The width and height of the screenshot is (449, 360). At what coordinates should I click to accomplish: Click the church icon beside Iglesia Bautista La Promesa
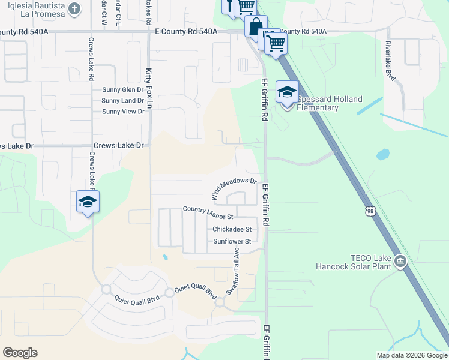74,8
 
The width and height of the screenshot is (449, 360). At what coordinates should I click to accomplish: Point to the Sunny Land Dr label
123,101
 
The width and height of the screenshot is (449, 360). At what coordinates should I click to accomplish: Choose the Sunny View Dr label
123,112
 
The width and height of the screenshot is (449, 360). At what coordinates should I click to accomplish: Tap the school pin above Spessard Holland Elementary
286,93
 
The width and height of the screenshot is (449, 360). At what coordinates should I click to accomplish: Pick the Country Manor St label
208,209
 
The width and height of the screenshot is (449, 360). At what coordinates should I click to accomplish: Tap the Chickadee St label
232,229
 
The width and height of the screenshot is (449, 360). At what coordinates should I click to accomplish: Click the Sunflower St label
232,241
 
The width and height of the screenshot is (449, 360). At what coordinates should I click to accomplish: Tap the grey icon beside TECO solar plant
400,261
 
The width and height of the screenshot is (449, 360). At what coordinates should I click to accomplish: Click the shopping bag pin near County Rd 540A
255,27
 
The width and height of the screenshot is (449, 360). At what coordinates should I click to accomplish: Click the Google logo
20,353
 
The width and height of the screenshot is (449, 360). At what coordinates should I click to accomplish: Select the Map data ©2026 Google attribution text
412,355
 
